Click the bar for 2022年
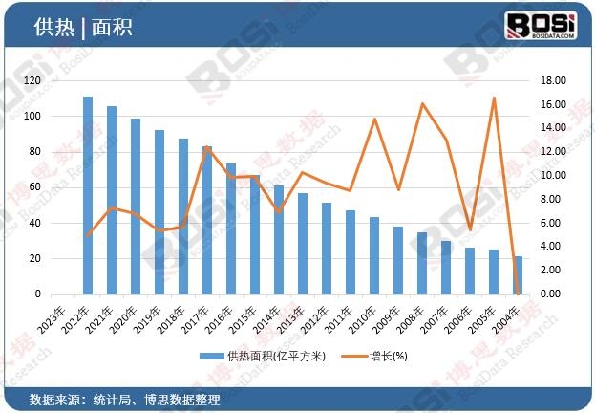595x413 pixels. coord(88,196)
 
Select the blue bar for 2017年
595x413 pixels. coord(207,221)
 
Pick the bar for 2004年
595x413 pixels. coord(518,275)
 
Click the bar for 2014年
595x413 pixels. coord(279,240)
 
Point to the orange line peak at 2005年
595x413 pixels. coord(494,98)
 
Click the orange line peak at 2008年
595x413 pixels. coord(422,103)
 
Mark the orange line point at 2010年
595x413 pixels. coord(374,120)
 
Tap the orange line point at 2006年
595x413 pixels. coord(470,229)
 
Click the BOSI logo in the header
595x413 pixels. coord(539,24)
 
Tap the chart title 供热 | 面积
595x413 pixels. coord(82,27)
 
